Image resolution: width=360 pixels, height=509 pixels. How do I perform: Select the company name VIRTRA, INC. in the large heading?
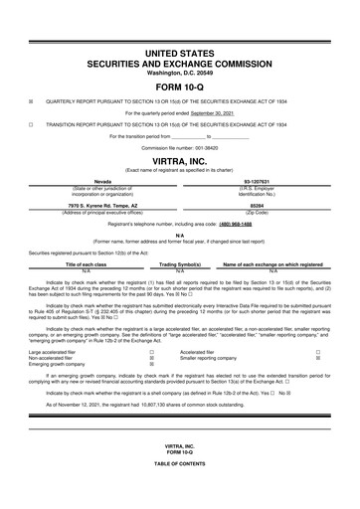[x=179, y=158]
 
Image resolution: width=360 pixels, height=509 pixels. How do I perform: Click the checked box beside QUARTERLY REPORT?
[x=31, y=100]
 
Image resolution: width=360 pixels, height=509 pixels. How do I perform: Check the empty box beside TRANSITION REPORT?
[x=31, y=125]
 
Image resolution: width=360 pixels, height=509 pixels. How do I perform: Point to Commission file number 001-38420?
[x=179, y=146]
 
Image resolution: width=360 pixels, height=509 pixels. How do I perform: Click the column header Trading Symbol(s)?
[x=181, y=265]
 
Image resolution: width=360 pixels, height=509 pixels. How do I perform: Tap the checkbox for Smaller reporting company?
[x=317, y=357]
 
